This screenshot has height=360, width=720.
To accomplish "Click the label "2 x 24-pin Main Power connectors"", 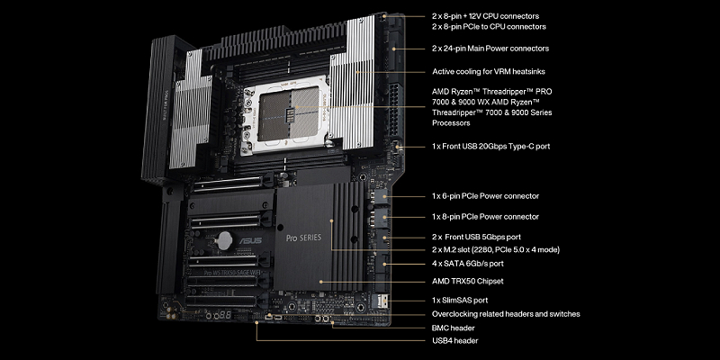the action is pyautogui.click(x=490, y=49).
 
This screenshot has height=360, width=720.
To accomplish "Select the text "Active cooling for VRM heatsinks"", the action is pyautogui.click(x=489, y=72).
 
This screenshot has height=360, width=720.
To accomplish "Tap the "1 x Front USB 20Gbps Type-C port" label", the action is pyautogui.click(x=490, y=147).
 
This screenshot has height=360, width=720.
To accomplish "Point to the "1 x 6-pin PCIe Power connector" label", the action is pyautogui.click(x=485, y=196).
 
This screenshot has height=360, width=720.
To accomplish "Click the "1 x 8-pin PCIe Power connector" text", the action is pyautogui.click(x=485, y=216).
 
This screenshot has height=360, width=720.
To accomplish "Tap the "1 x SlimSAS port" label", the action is pyautogui.click(x=460, y=301).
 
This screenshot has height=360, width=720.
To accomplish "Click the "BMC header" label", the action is pyautogui.click(x=454, y=328).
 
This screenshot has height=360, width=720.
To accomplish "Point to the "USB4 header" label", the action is pyautogui.click(x=455, y=341).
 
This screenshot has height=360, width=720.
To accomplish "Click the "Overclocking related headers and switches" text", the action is pyautogui.click(x=506, y=314).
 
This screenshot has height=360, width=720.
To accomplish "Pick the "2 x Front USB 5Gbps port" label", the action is pyautogui.click(x=477, y=237).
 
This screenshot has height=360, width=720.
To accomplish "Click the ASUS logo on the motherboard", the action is pyautogui.click(x=250, y=240).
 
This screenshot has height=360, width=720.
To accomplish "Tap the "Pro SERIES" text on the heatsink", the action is pyautogui.click(x=303, y=238).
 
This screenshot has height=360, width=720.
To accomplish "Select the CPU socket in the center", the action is pyautogui.click(x=288, y=113).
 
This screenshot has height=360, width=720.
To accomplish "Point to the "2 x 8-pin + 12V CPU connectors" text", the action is pyautogui.click(x=486, y=16).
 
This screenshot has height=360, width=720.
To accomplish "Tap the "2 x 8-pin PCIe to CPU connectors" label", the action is pyautogui.click(x=489, y=27).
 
